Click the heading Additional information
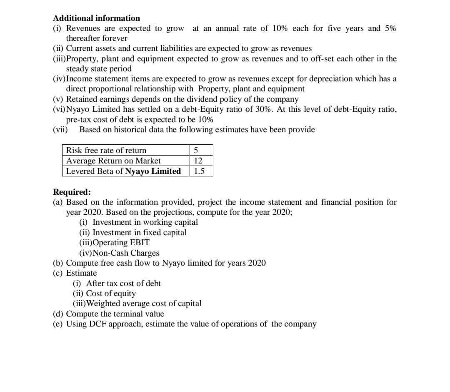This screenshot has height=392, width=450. coord(97,18)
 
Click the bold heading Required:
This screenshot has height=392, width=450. coord(72,192)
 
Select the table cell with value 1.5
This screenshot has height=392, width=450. coord(200,171)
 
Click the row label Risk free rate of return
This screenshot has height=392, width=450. coord(106,150)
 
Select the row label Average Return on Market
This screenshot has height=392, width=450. coord(113,161)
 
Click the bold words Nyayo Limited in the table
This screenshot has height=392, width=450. coord(153,171)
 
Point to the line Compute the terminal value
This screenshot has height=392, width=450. coord(115,314)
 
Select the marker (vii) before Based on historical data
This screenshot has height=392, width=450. coord(61,130)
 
